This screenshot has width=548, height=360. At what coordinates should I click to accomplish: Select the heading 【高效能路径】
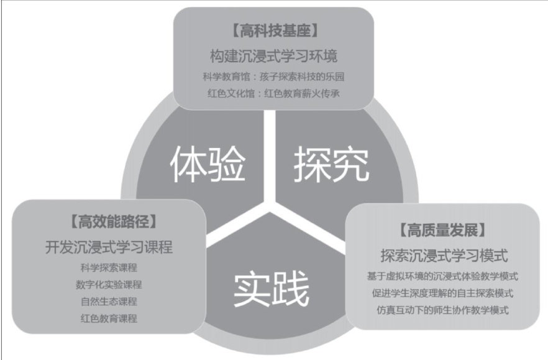click(109, 221)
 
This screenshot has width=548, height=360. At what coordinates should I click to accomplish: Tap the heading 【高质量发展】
click(442, 231)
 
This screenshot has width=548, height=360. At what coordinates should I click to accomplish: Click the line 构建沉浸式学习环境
click(273, 56)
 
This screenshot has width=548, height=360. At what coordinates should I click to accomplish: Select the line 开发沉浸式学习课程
click(109, 247)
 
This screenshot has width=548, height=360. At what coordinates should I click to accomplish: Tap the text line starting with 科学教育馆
click(273, 78)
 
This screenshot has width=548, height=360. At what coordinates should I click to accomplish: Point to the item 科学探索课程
click(109, 268)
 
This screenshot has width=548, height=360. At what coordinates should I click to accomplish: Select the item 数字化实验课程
click(109, 285)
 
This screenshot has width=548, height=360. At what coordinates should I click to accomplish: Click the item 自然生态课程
click(109, 302)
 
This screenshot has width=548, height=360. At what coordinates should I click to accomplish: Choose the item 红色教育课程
click(109, 318)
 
